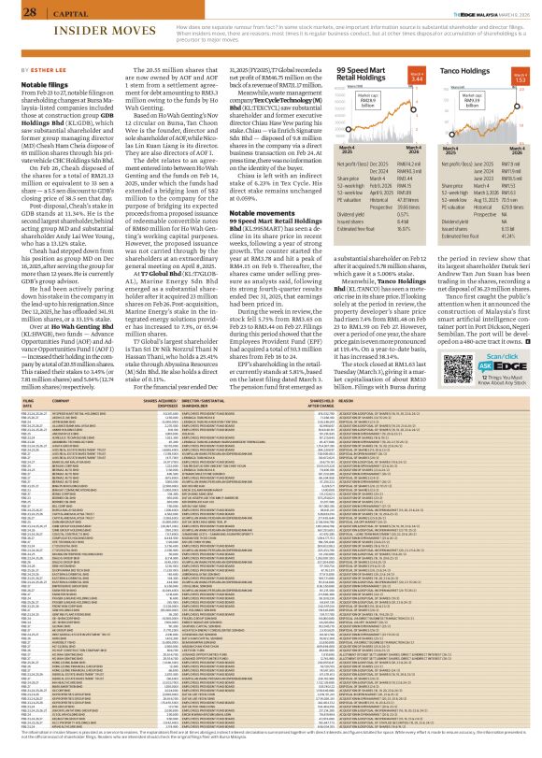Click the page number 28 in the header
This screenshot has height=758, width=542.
click(15, 10)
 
